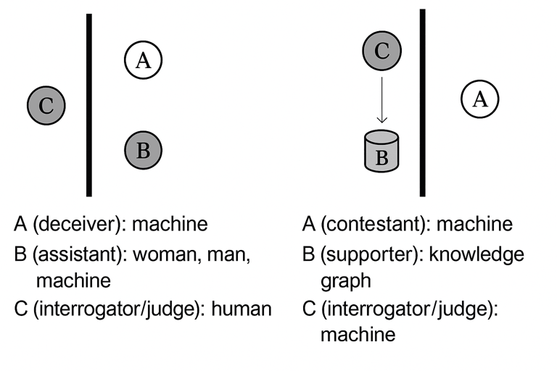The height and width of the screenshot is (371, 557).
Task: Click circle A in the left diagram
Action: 143,61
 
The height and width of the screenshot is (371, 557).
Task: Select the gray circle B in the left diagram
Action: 143,150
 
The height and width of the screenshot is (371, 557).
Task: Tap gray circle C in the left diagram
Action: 46,106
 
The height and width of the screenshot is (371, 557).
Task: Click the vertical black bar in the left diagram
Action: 89,105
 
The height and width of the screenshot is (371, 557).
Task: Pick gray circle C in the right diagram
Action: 382,51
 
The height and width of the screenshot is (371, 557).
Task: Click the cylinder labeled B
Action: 382,151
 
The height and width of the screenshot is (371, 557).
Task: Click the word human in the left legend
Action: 244,309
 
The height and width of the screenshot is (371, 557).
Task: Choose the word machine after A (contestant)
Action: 476,224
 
